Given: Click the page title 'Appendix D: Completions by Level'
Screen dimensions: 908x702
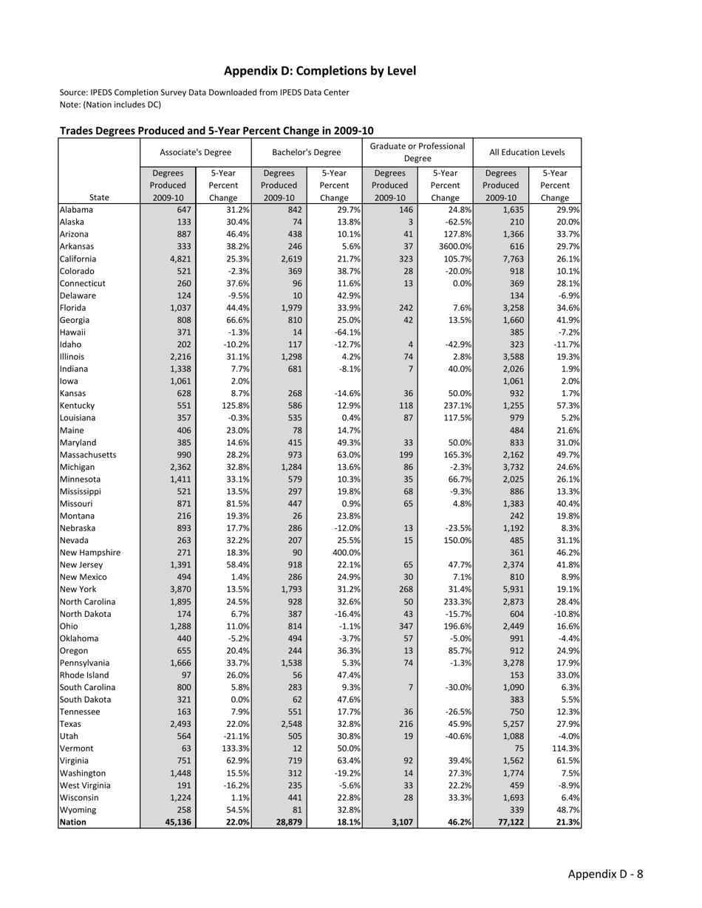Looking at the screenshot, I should pos(320,71).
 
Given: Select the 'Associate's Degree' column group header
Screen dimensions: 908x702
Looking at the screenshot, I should pos(195,152).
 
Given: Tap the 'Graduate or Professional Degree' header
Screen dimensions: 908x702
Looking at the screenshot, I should pos(418,152).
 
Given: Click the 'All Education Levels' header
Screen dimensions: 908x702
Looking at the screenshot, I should pos(527,152).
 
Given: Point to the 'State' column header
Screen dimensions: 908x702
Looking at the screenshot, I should pos(98,197).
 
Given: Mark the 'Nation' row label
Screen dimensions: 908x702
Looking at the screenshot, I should pos(73,822).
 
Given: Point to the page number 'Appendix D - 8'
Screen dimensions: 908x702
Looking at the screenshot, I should pos(605,874).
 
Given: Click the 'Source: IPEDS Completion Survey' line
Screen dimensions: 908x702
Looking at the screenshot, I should pos(204,92).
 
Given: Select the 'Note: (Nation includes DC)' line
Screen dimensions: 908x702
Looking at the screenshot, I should pos(110,104).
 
